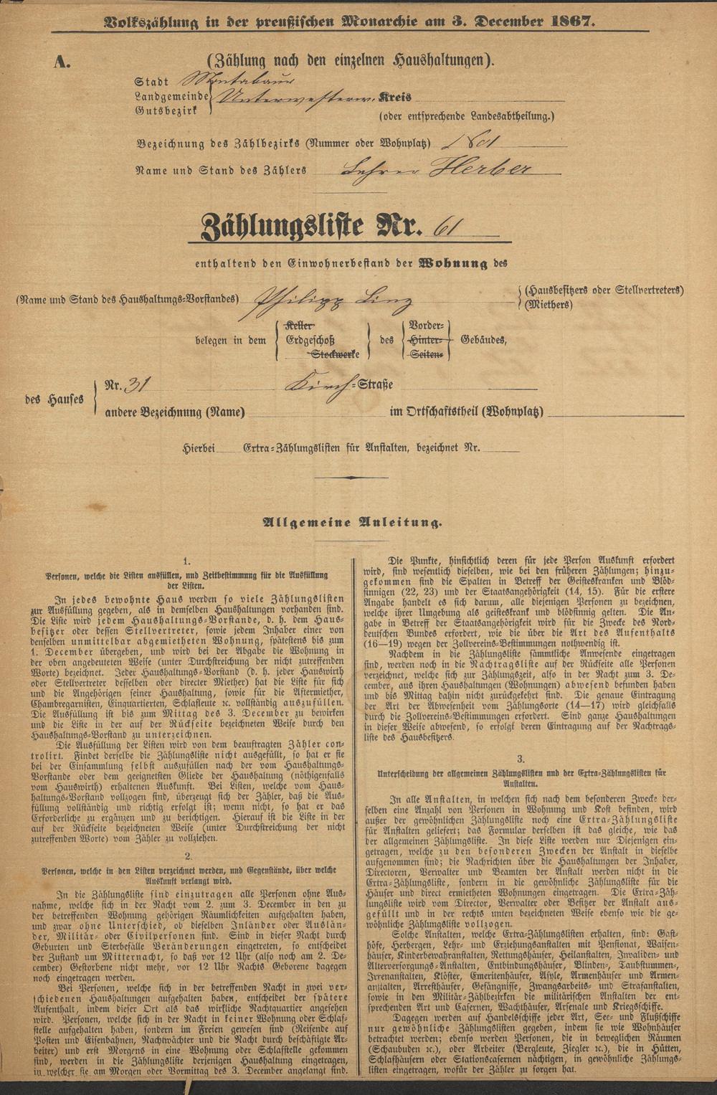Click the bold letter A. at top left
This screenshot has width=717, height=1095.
[x=62, y=62]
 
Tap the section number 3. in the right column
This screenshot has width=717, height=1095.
[x=521, y=758]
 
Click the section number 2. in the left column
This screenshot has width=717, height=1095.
[x=187, y=855]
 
